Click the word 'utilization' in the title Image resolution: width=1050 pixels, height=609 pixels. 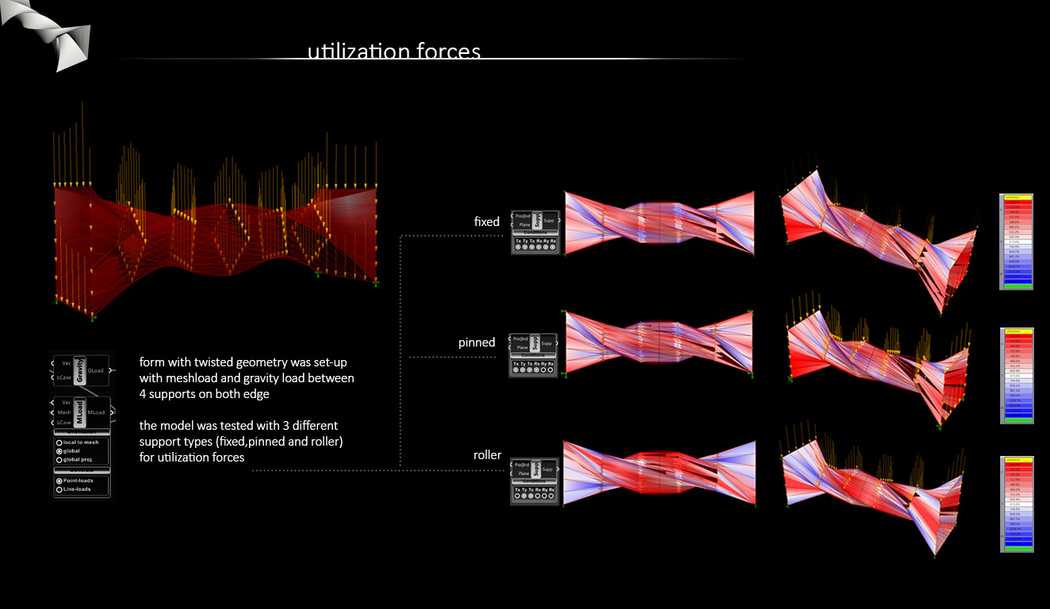click(x=358, y=52)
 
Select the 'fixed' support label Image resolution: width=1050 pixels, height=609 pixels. click(x=487, y=222)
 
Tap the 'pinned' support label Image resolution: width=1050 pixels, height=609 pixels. click(x=477, y=343)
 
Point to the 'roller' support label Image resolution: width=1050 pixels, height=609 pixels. click(x=488, y=455)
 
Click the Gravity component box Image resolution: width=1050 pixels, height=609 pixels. click(x=79, y=370)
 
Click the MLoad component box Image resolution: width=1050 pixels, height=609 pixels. click(x=79, y=412)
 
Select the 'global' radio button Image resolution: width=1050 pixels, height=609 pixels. click(x=59, y=451)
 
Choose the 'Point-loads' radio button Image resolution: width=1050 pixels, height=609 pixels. click(x=59, y=481)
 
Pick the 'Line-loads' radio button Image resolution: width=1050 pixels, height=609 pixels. click(x=59, y=490)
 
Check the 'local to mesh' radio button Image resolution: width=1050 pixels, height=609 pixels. click(x=59, y=442)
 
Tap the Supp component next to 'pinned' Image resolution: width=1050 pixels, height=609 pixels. click(x=535, y=343)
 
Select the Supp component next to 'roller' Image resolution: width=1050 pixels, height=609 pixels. click(x=535, y=469)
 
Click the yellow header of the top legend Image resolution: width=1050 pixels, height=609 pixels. click(x=1017, y=197)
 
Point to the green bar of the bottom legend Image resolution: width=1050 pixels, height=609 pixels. click(x=1017, y=549)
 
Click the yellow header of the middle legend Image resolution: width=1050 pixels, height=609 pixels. click(x=1017, y=331)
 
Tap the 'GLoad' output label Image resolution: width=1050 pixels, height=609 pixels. click(x=95, y=370)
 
